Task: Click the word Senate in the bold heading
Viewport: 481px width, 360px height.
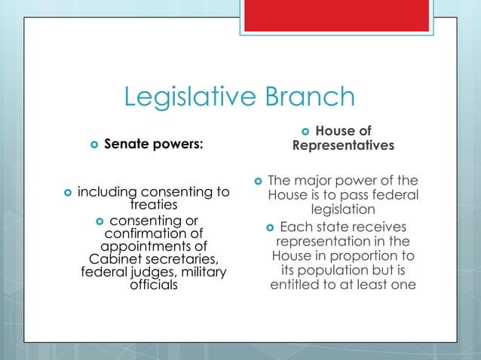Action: pyautogui.click(x=125, y=144)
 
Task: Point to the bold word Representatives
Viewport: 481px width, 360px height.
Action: pyautogui.click(x=343, y=145)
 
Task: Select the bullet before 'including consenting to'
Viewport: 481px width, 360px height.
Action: pyautogui.click(x=68, y=194)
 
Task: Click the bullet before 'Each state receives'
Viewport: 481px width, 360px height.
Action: pyautogui.click(x=269, y=227)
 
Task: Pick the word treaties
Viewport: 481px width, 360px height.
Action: pyautogui.click(x=153, y=205)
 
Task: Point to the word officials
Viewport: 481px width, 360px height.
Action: pyautogui.click(x=154, y=285)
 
